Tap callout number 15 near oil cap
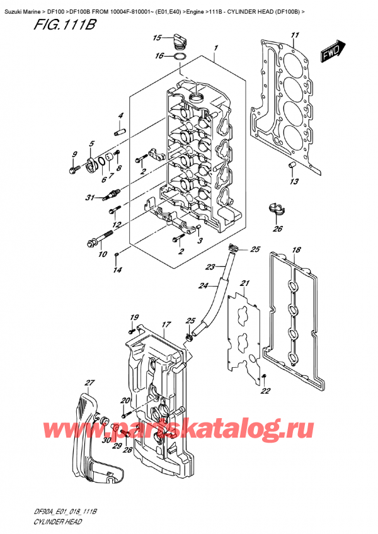157,38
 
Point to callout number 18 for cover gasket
296,250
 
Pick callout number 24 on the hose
203,286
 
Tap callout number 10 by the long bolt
102,254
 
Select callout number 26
278,229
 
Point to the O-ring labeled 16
180,59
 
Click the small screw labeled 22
264,377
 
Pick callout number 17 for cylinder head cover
166,325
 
